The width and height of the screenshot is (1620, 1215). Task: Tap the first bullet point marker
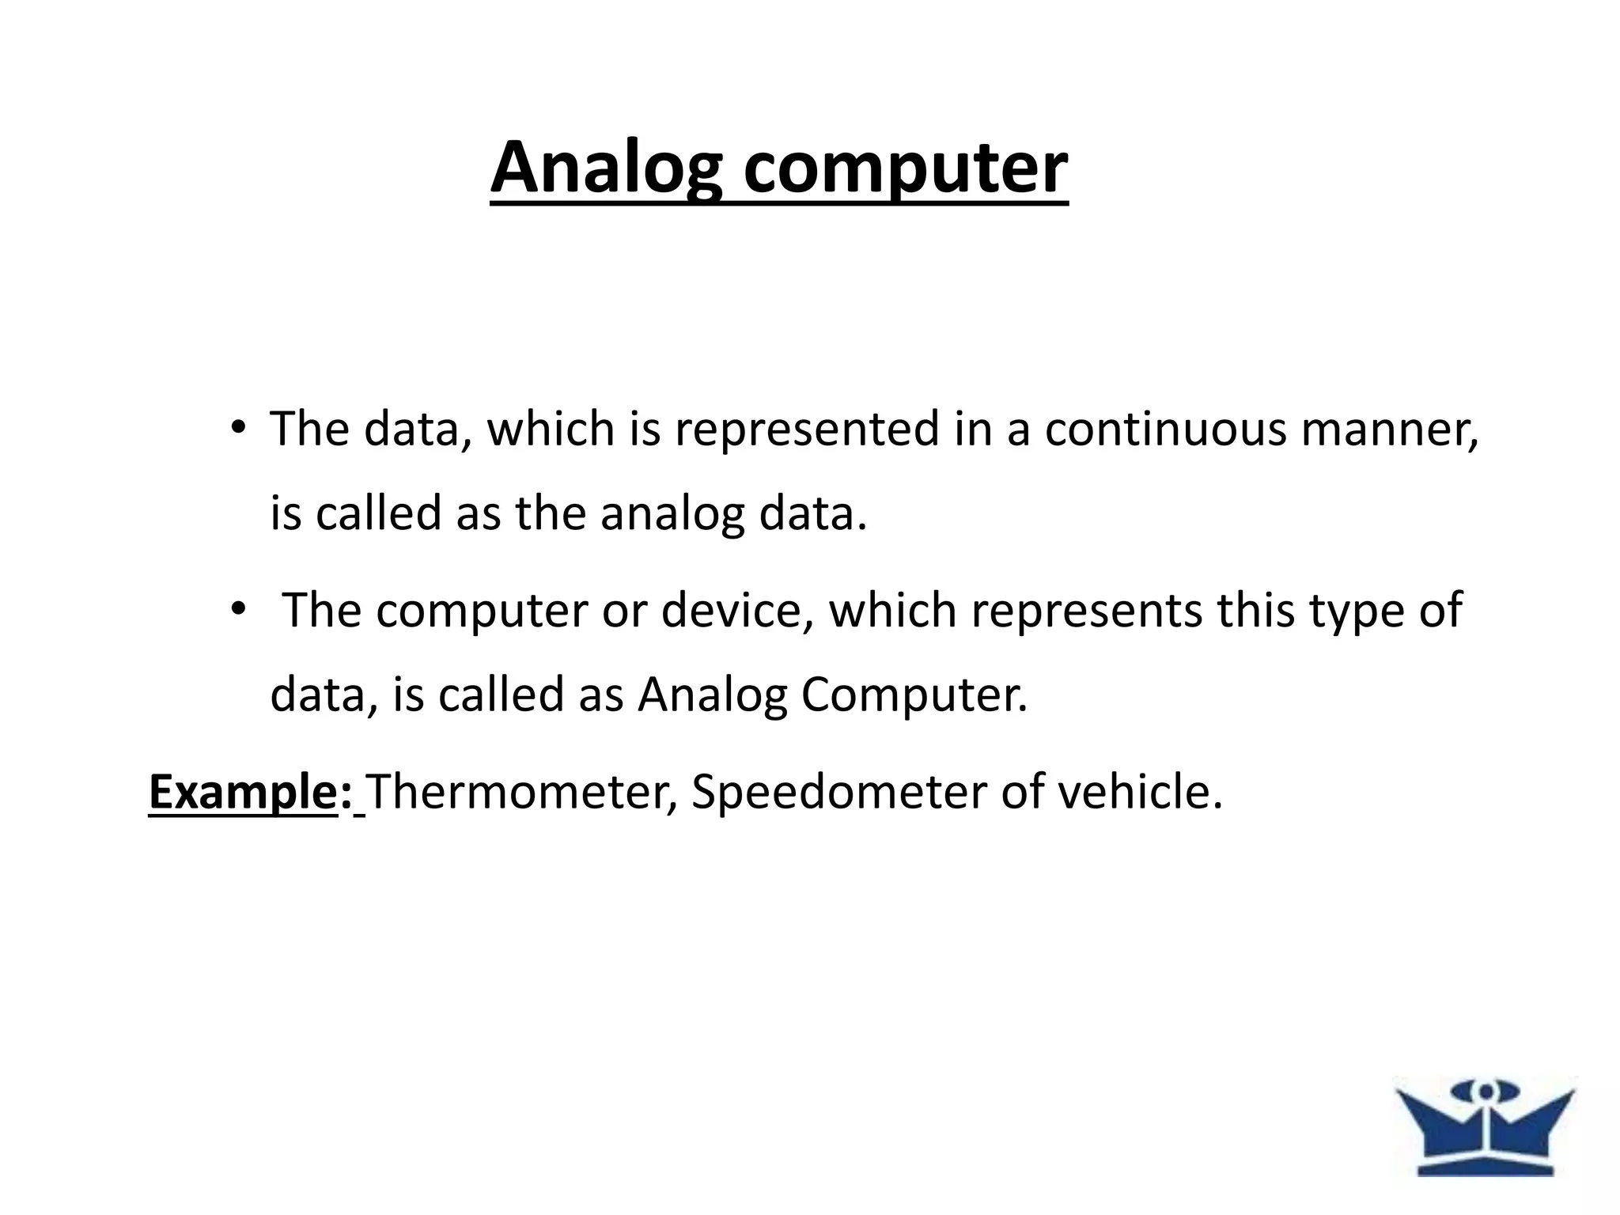click(237, 428)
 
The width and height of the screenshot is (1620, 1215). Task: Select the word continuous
click(1165, 430)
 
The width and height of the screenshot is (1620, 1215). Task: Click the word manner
click(1389, 430)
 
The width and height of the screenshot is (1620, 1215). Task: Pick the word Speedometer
click(838, 792)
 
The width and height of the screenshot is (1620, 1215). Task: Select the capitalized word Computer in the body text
click(914, 695)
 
